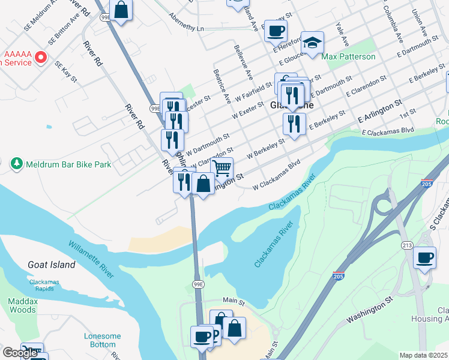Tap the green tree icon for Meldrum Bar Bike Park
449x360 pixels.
coord(16,163)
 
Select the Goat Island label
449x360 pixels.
coord(52,265)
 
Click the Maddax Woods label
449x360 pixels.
coord(23,305)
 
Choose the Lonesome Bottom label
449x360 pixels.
coord(102,340)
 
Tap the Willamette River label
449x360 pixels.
coord(91,260)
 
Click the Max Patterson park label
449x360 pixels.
coord(348,57)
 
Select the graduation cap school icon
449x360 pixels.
coord(312,43)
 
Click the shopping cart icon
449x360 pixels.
coord(221,169)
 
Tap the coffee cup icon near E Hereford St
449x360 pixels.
coord(276,31)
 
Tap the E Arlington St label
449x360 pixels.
coord(379,111)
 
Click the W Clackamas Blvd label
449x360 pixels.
coord(276,174)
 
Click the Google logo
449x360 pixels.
coord(20,353)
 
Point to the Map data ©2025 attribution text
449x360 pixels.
coord(424,355)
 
